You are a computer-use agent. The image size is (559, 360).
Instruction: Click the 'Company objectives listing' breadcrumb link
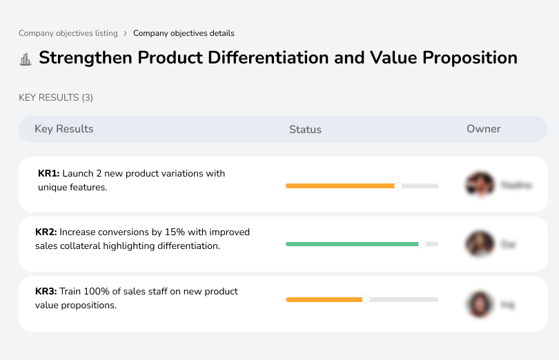click(x=68, y=33)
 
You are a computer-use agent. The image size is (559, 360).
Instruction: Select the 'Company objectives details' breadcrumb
click(x=184, y=33)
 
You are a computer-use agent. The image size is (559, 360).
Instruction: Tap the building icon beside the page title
click(x=26, y=59)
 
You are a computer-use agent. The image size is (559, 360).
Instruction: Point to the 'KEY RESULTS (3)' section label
click(x=56, y=98)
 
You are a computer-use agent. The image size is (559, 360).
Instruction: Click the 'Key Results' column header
click(x=63, y=129)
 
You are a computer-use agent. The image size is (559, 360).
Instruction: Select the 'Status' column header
click(x=305, y=130)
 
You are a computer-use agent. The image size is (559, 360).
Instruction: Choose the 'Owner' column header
click(x=483, y=129)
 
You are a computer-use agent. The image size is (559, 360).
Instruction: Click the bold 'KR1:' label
click(x=49, y=174)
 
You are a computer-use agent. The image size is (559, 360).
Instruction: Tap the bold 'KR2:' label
click(x=46, y=232)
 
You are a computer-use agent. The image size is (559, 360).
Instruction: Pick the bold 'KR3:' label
click(x=46, y=292)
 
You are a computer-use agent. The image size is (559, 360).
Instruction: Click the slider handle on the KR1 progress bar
click(x=398, y=186)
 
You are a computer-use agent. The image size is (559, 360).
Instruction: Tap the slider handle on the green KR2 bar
click(x=422, y=244)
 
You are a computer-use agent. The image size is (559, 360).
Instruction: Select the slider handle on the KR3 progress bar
click(x=366, y=299)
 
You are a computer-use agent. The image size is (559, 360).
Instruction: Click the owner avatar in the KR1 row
click(x=480, y=185)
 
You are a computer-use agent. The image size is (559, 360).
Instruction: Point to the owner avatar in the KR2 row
click(x=480, y=244)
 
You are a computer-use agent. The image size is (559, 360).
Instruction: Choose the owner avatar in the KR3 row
click(x=480, y=303)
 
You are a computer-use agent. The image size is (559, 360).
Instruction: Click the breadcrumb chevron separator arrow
click(x=125, y=33)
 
